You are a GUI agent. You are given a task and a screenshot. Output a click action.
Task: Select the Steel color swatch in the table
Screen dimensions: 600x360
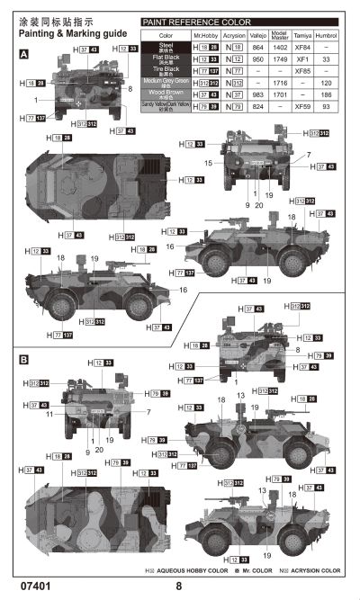(166, 45)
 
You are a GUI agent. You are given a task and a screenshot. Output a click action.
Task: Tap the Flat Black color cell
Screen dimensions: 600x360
(166, 58)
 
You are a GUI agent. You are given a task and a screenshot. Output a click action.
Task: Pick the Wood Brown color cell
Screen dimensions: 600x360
(166, 94)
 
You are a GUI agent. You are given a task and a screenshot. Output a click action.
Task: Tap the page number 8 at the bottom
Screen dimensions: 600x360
(179, 587)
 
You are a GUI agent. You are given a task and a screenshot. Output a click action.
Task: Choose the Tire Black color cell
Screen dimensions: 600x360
(166, 69)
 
